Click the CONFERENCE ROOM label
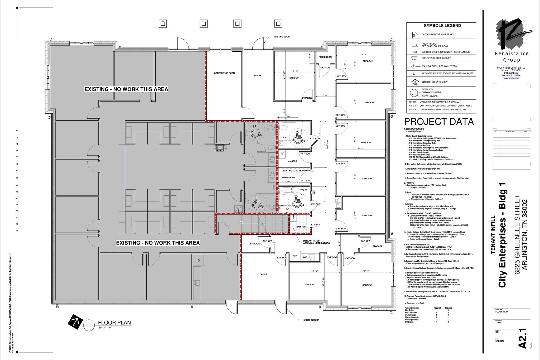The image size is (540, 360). point(224,73)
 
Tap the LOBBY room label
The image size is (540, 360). point(258,75)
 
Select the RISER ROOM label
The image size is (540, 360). point(325,57)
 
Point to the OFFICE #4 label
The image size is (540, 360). point(366,142)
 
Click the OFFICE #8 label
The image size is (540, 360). point(309,285)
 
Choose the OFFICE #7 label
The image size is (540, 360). point(367,285)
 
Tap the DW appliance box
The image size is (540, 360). point(305,257)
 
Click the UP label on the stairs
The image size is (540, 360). point(241,222)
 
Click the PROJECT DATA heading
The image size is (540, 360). point(439,122)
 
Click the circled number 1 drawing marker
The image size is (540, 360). point(89,325)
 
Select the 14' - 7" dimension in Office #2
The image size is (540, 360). point(364,55)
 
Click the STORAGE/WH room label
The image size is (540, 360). point(288,177)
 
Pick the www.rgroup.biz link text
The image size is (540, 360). point(511,78)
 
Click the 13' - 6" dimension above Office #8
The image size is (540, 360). point(315,271)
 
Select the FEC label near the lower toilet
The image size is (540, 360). point(314,192)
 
